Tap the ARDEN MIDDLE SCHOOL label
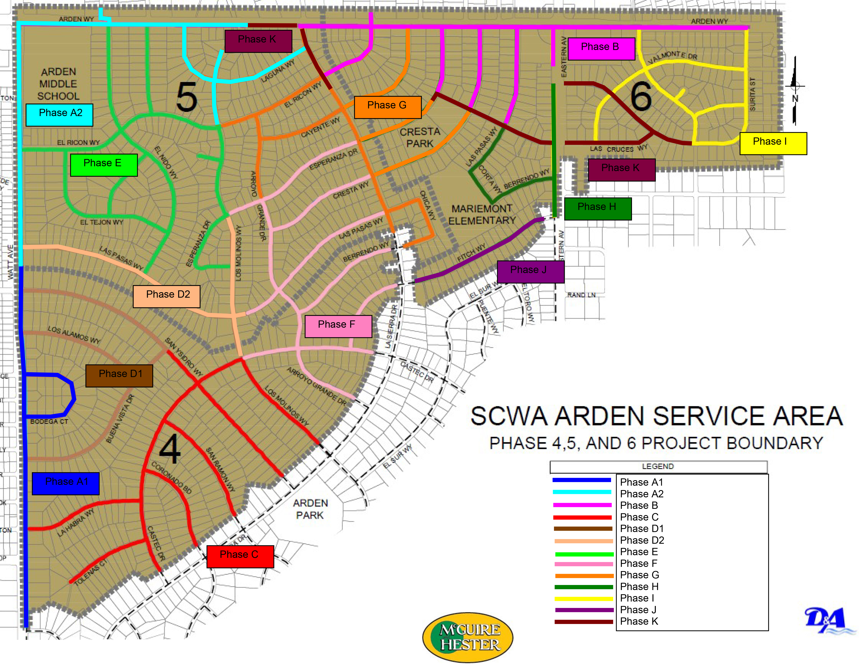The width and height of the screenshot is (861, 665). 58,84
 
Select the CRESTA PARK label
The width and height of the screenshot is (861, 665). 420,138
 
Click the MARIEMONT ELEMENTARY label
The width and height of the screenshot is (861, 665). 482,214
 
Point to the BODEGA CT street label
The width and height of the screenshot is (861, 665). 49,421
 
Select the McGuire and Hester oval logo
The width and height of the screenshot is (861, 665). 467,637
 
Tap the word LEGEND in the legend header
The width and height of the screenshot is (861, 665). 658,466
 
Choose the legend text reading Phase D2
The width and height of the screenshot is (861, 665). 642,540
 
